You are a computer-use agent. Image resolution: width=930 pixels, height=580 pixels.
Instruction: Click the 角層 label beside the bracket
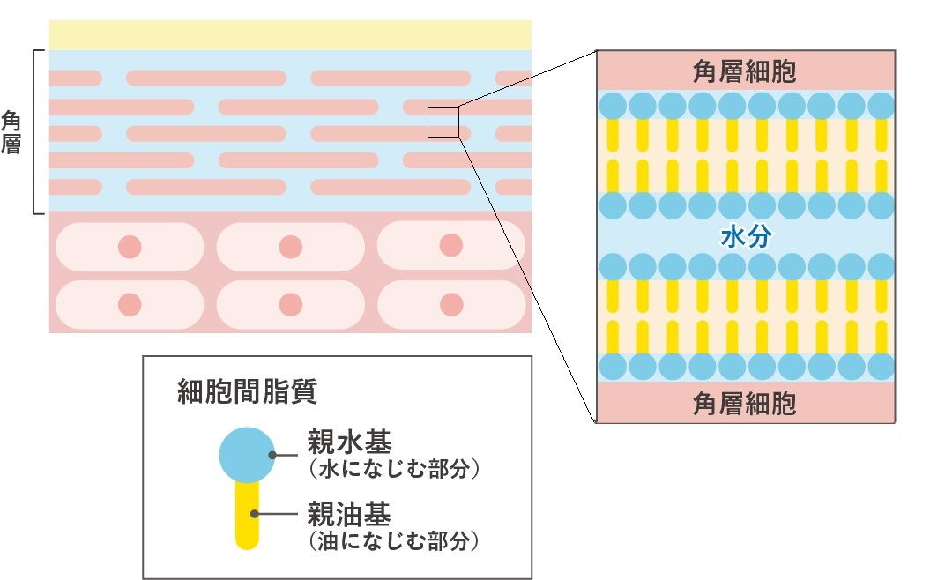pyautogui.click(x=11, y=132)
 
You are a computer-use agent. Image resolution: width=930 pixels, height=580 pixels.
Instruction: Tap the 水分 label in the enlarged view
pyautogui.click(x=746, y=238)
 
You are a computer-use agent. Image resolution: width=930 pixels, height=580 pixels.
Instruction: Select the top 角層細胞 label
pyautogui.click(x=745, y=71)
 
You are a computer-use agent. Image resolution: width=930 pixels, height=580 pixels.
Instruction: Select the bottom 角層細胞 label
pyautogui.click(x=745, y=404)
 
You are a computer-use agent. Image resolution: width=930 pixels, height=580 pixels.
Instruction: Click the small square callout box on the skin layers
pyautogui.click(x=443, y=122)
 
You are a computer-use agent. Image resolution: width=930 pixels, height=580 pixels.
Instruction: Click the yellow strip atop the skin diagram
pyautogui.click(x=290, y=35)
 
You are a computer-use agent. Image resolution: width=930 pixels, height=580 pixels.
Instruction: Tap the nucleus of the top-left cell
pyautogui.click(x=130, y=247)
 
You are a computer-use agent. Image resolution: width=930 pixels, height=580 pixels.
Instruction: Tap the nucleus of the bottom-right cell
pyautogui.click(x=451, y=305)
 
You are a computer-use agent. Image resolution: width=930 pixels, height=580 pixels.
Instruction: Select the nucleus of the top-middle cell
pyautogui.click(x=291, y=247)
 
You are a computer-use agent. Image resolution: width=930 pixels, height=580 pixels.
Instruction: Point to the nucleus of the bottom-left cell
pyautogui.click(x=130, y=305)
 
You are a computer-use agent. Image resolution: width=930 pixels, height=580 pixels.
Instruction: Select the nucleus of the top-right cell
pyautogui.click(x=451, y=245)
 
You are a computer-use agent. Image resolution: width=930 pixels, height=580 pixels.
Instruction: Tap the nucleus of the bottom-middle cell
pyautogui.click(x=291, y=305)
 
